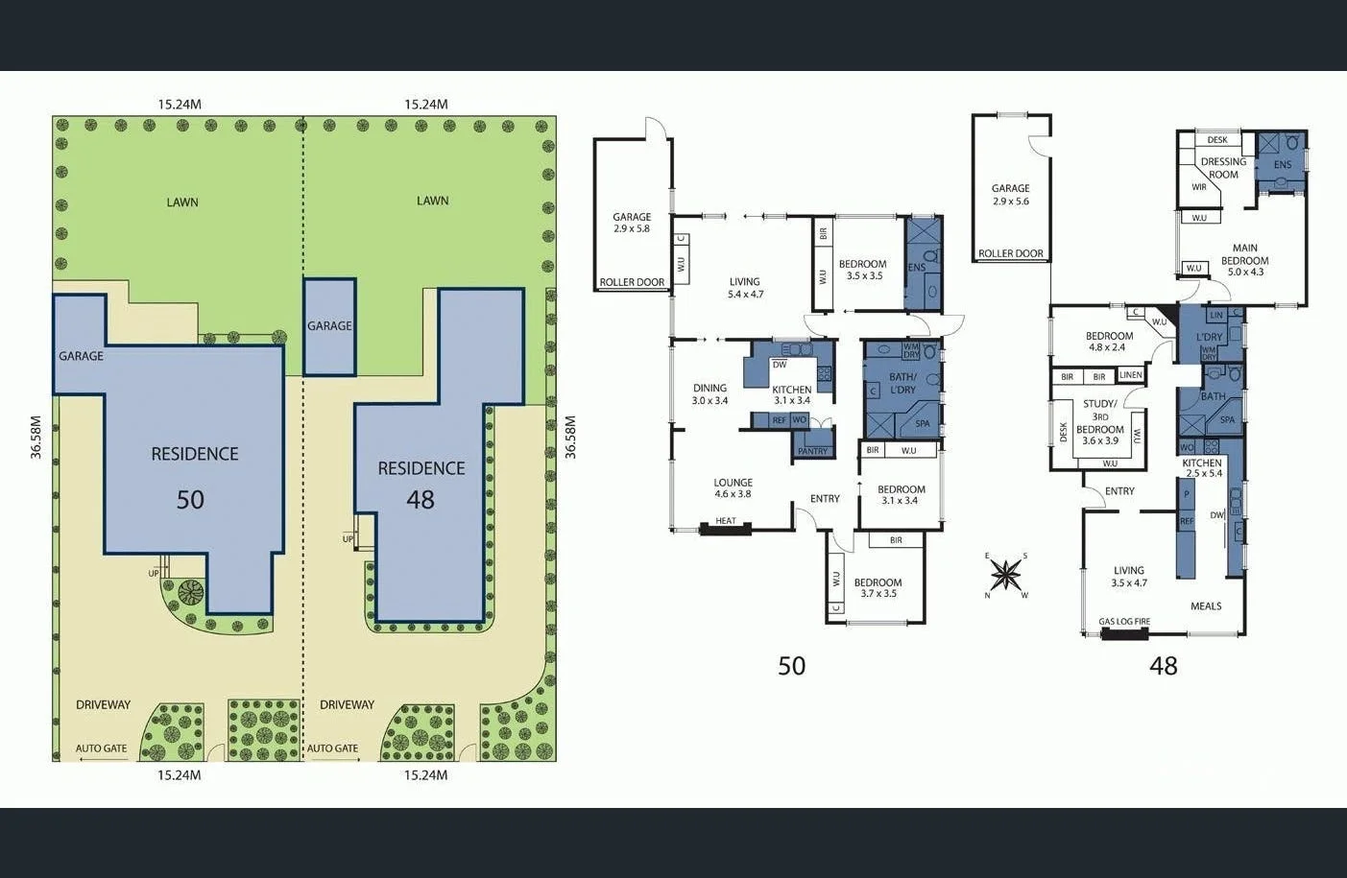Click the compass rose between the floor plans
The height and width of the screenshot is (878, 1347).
click(x=1005, y=575)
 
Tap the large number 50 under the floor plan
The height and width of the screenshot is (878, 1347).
click(x=791, y=665)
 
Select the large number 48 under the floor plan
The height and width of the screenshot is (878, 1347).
click(x=1163, y=665)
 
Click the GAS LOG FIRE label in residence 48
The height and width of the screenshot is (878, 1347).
click(x=1124, y=622)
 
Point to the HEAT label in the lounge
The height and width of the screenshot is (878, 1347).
click(x=726, y=521)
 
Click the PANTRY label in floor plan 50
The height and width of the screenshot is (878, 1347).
click(x=812, y=451)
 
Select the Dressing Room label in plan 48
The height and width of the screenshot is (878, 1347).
click(x=1223, y=168)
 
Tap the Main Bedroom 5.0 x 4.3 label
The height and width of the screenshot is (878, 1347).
click(x=1244, y=260)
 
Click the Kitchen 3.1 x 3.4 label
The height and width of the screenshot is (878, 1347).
click(x=792, y=394)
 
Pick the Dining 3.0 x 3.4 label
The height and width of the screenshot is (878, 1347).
click(x=710, y=394)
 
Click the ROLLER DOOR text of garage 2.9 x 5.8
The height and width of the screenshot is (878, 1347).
click(x=632, y=282)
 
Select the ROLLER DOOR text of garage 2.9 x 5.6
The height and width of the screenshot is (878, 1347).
click(x=1010, y=253)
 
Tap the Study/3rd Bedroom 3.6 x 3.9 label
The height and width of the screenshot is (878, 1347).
click(x=1099, y=422)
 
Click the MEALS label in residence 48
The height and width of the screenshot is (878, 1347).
click(x=1206, y=605)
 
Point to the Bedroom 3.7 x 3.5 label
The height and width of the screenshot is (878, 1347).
click(x=878, y=587)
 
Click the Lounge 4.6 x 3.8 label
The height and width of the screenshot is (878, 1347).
click(x=733, y=488)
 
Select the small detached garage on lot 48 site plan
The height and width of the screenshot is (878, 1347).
click(x=329, y=326)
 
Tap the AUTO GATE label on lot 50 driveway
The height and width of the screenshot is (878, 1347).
click(x=102, y=748)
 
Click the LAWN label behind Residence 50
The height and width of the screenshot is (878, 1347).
click(x=182, y=202)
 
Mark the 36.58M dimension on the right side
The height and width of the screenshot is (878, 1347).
click(x=569, y=437)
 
